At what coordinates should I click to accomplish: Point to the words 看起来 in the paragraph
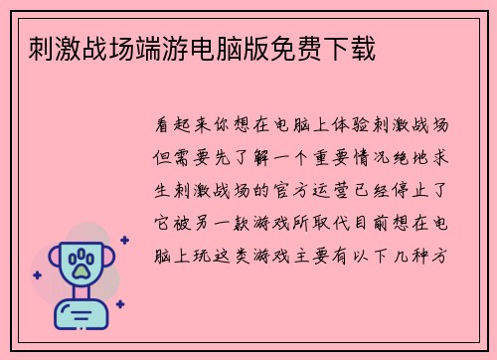point(182,126)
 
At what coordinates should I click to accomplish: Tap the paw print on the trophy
point(83,265)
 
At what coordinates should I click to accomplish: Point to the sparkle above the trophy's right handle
point(123,240)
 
